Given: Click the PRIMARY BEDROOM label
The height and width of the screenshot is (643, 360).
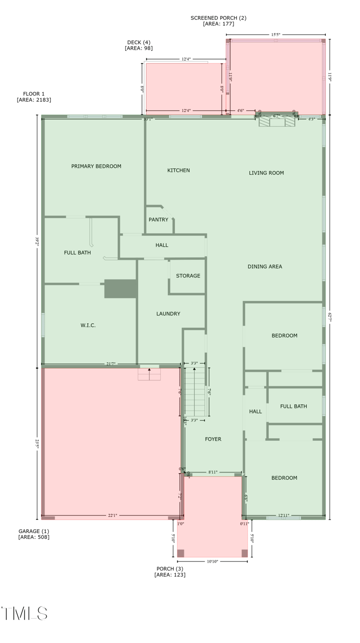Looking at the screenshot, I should point(96,166).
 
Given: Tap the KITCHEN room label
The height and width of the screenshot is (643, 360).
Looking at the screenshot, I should point(179,170).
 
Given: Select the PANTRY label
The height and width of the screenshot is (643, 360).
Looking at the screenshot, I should point(158,220).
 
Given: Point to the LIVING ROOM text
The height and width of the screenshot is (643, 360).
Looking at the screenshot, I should point(266,173).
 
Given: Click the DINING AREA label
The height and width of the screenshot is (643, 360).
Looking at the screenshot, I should point(265,267).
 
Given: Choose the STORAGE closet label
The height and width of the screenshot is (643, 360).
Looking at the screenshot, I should point(188,276).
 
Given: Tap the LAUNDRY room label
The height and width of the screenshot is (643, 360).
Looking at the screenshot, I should point(168,314).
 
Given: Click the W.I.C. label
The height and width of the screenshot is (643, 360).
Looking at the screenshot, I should point(88,325).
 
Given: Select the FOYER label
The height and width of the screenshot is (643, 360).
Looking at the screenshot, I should point(213,439).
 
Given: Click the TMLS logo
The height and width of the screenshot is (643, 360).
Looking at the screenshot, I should point(25,613).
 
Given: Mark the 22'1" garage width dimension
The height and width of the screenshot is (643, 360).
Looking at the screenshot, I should point(112,516).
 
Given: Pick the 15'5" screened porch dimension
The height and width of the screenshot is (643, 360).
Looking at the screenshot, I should point(276,34).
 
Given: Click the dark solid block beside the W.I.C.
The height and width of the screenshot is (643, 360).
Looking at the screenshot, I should point(121,289).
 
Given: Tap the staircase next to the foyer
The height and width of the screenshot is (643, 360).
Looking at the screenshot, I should point(195,392).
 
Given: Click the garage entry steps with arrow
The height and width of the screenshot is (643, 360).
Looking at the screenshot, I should point(149,374).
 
